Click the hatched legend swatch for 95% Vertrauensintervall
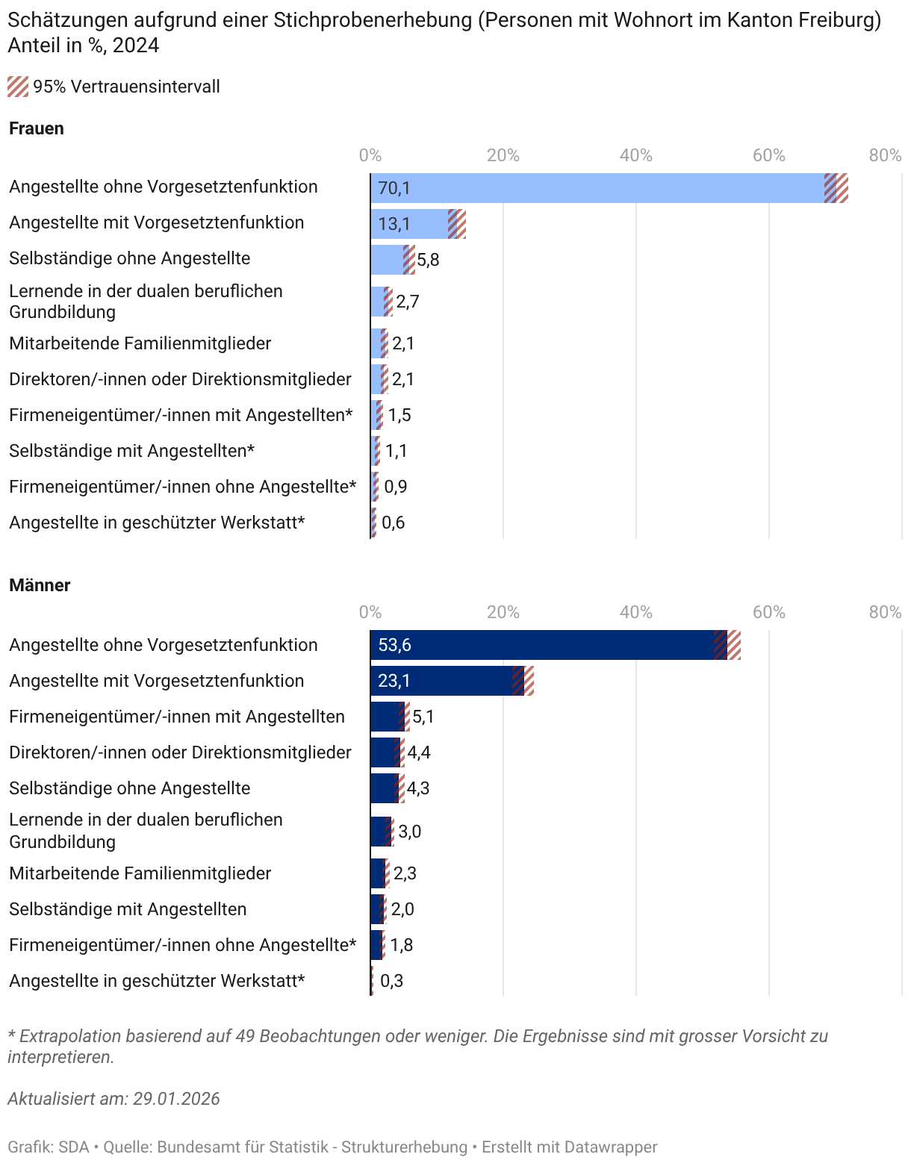(18, 87)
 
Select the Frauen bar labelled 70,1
(597, 188)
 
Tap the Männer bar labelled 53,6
(541, 645)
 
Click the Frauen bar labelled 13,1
(411, 224)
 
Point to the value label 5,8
(428, 260)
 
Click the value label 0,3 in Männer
(391, 981)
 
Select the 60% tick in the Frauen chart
(768, 155)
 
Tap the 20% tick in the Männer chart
(503, 612)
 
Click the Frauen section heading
(37, 128)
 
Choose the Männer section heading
(40, 585)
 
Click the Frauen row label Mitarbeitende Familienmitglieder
(140, 343)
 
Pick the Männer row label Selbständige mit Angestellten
(128, 909)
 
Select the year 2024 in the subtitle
(136, 46)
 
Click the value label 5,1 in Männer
(423, 717)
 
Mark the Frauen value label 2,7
(408, 302)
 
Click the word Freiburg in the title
(839, 20)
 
